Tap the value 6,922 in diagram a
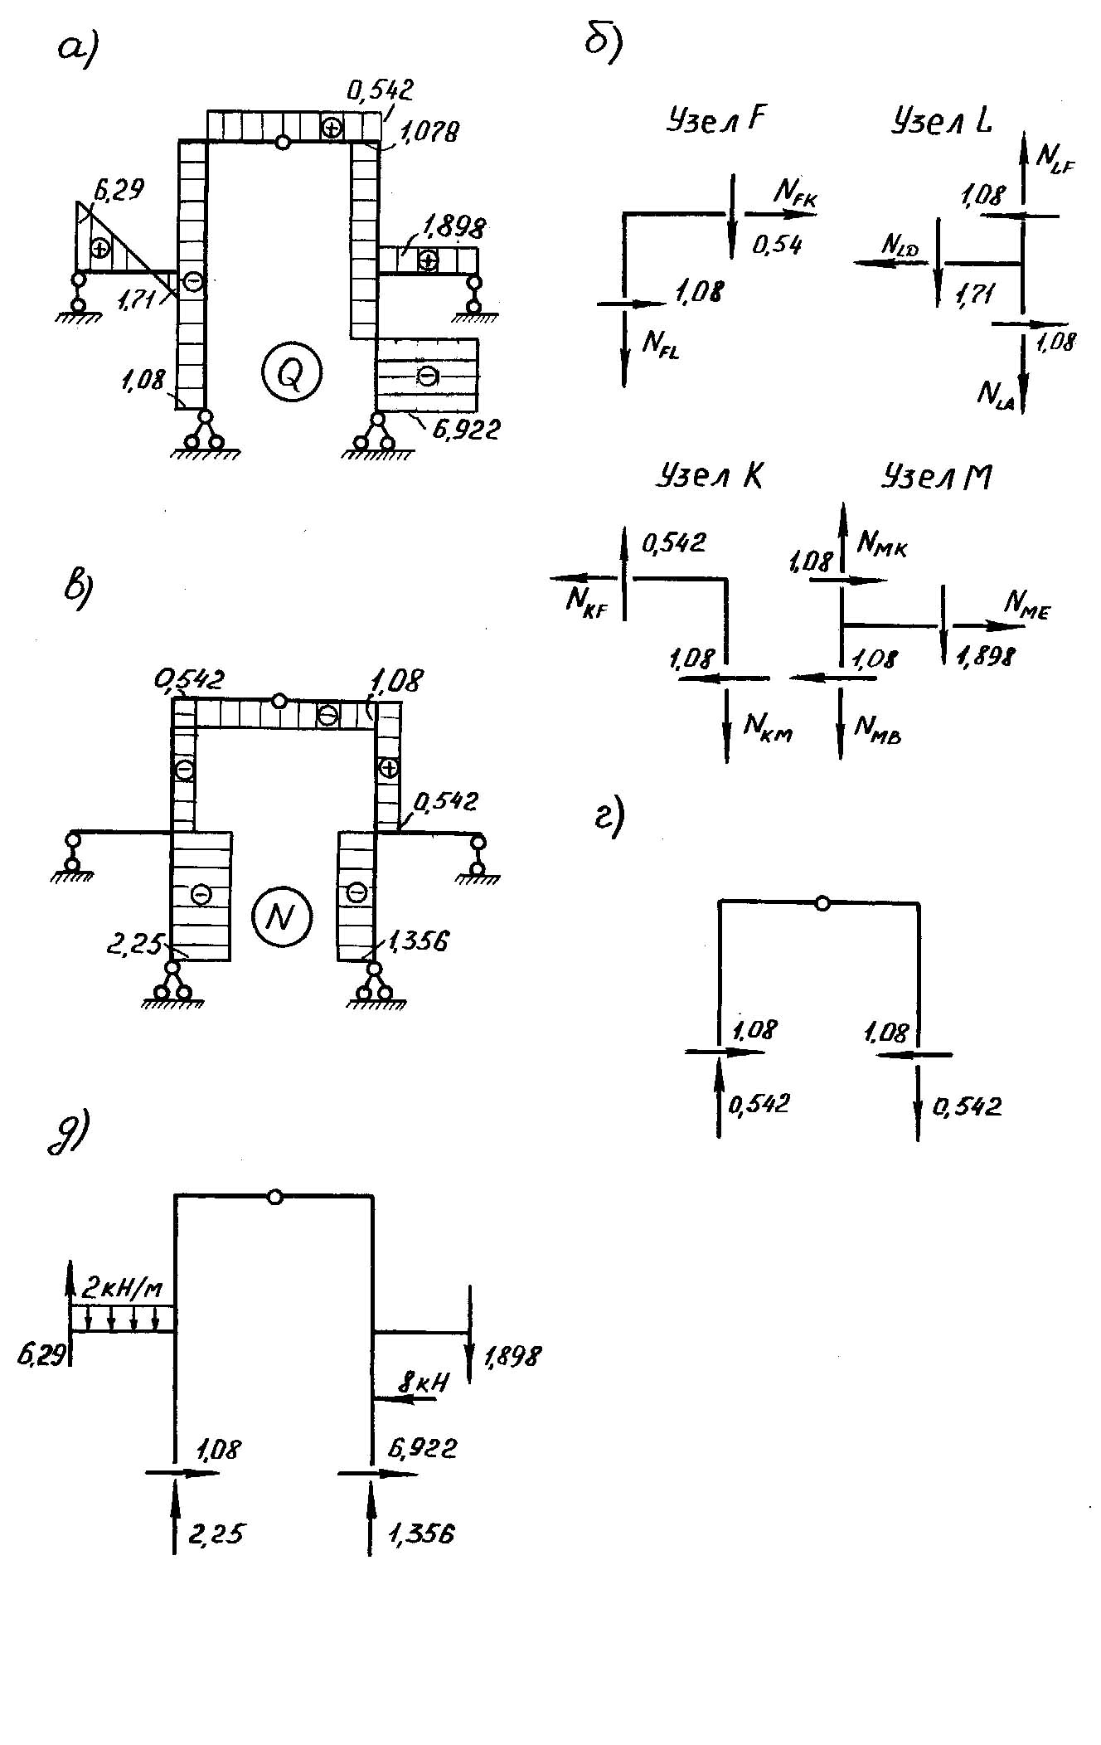point(467,430)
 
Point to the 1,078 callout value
point(428,131)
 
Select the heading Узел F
point(715,122)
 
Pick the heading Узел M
point(937,477)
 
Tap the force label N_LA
point(995,394)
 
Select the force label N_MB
point(878,729)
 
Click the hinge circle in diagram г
point(822,903)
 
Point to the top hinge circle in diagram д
point(275,1197)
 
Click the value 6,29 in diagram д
point(41,1355)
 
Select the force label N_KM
point(768,727)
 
